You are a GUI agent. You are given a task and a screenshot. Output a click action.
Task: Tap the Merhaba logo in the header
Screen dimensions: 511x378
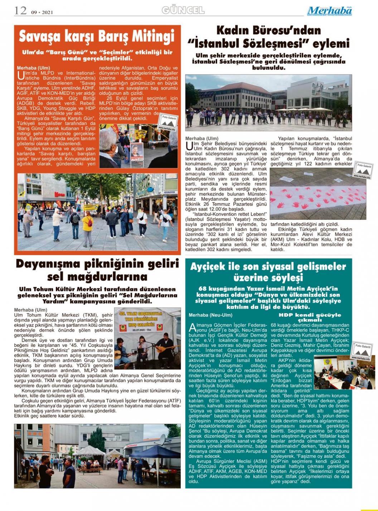[329, 11]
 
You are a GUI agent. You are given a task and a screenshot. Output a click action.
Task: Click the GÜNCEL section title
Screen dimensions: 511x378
[183, 10]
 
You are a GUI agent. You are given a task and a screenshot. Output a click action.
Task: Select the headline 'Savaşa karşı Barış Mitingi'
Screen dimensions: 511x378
[97, 36]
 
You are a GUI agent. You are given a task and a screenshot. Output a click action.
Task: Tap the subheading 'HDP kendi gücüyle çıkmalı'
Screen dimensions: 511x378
[309, 317]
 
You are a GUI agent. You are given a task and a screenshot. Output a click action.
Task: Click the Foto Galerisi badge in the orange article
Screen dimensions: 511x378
[167, 122]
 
